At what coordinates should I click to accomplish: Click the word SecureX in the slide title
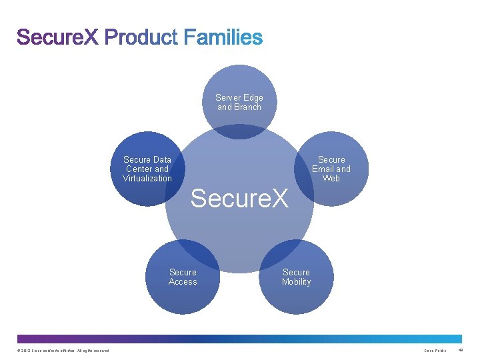[58, 37]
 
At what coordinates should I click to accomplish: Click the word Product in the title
[141, 37]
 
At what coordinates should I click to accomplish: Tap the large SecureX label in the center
[239, 198]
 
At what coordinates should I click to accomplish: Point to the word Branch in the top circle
[248, 107]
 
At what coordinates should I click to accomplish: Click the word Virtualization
[147, 178]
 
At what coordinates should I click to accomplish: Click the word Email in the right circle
[324, 169]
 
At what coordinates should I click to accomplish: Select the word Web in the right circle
[331, 178]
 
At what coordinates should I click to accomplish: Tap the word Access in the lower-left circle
[183, 281]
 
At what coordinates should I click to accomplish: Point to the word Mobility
[296, 281]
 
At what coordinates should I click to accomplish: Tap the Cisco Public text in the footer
[435, 351]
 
